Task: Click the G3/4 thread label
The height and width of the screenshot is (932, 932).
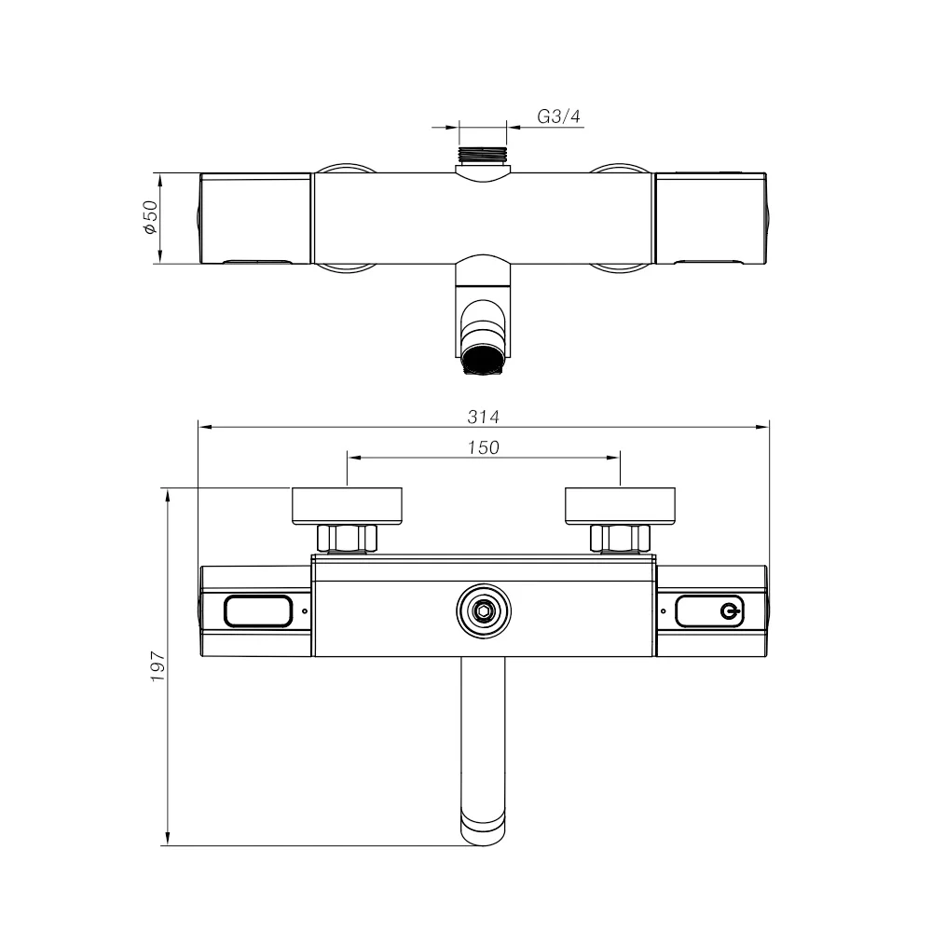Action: [558, 116]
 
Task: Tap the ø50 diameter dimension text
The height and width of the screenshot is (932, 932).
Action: [150, 217]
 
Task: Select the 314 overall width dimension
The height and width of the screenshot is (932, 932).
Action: [483, 417]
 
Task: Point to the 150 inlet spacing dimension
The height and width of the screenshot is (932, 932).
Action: [483, 447]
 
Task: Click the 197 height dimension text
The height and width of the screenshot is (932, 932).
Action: [158, 665]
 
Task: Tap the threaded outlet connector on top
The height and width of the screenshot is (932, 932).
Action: [483, 154]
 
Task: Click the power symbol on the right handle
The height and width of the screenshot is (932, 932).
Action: [729, 611]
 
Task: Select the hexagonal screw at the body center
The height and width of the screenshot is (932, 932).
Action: [483, 611]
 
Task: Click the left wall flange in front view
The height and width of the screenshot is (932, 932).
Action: [347, 506]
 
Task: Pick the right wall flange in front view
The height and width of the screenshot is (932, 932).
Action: [620, 506]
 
